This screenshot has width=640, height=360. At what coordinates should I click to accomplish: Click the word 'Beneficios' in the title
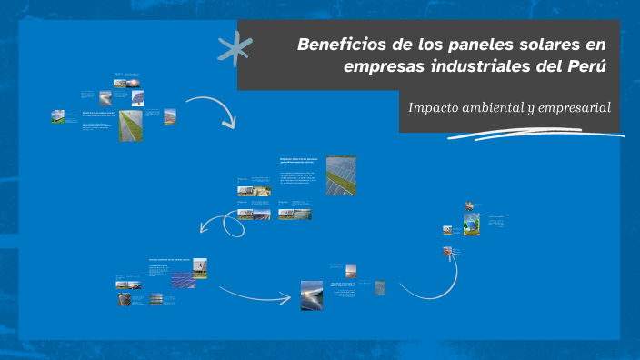(x=334, y=44)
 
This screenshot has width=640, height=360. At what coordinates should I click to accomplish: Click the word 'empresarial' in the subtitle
(x=568, y=108)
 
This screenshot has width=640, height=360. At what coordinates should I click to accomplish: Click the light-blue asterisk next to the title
(x=234, y=49)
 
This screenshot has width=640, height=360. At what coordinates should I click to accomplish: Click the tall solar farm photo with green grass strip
(x=131, y=125)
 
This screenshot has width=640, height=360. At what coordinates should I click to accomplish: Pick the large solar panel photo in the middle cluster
(x=341, y=175)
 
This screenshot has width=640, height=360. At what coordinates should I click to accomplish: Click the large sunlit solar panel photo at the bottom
(x=312, y=295)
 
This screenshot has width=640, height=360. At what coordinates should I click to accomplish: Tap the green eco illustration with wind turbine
(x=471, y=225)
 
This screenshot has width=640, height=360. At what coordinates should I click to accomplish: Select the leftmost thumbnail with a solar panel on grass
(x=57, y=116)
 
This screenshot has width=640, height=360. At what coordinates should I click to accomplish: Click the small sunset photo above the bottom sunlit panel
(x=350, y=270)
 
